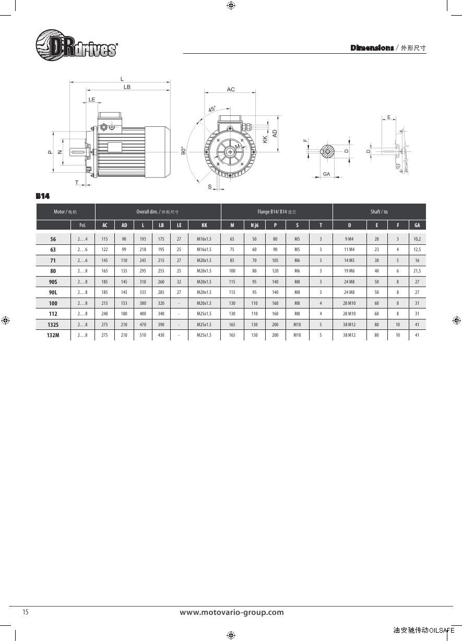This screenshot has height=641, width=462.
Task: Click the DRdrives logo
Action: (x=76, y=45)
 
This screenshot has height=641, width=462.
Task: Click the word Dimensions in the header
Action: (x=372, y=48)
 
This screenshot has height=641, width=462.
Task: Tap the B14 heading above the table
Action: (x=43, y=196)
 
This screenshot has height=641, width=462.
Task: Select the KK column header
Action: (x=204, y=225)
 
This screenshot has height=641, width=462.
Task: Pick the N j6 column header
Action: (x=254, y=225)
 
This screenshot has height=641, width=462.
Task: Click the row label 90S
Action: (x=53, y=282)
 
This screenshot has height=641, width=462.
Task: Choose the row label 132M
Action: (x=53, y=335)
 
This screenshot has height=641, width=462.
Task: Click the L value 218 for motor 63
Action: (x=143, y=250)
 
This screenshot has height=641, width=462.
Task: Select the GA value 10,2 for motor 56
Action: (x=417, y=239)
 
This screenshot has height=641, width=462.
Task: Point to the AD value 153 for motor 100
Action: (x=124, y=303)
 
